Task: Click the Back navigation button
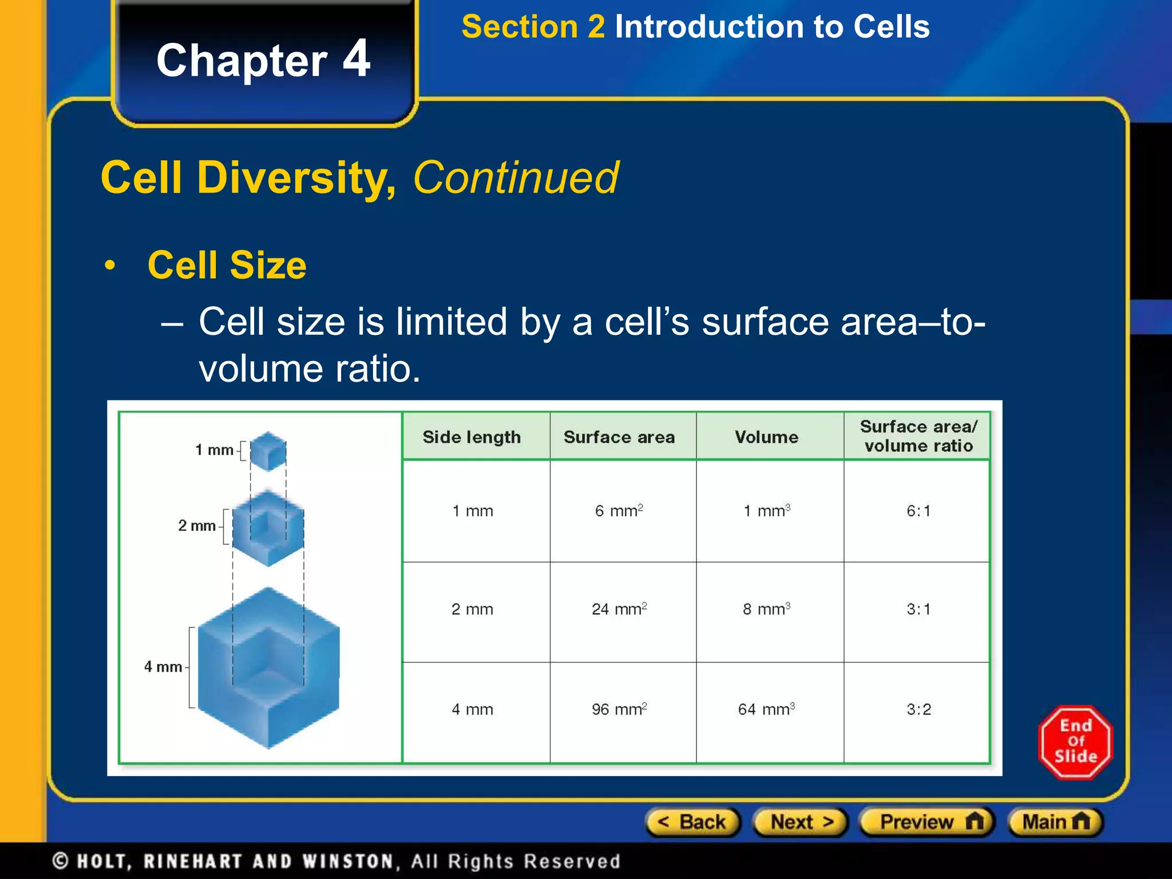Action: (692, 822)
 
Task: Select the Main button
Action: (1055, 822)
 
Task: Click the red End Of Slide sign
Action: (1075, 742)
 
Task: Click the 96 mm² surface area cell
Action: (619, 710)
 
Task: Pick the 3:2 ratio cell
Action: (918, 710)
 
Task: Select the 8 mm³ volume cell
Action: (766, 609)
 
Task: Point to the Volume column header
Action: (766, 437)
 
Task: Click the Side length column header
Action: (472, 437)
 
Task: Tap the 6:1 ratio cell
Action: (918, 510)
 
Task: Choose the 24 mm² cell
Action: (619, 609)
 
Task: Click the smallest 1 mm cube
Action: (268, 451)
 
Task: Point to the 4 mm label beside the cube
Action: (163, 667)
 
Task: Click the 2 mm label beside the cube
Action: (196, 525)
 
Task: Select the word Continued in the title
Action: (515, 178)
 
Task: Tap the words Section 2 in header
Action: (533, 27)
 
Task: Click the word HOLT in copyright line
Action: (103, 861)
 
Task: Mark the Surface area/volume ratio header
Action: (918, 436)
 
